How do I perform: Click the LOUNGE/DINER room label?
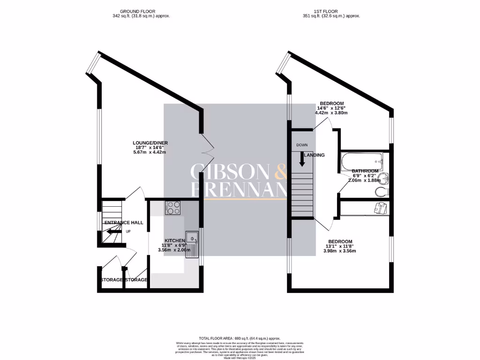[150, 143]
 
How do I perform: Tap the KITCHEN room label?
[174, 240]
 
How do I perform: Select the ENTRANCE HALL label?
[124, 222]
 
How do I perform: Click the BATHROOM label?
[365, 171]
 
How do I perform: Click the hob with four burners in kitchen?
[172, 208]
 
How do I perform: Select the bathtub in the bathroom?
[362, 161]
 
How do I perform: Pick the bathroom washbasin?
[384, 178]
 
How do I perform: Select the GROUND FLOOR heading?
[138, 11]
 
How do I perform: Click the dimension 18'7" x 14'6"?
[150, 148]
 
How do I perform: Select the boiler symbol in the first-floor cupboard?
[380, 207]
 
